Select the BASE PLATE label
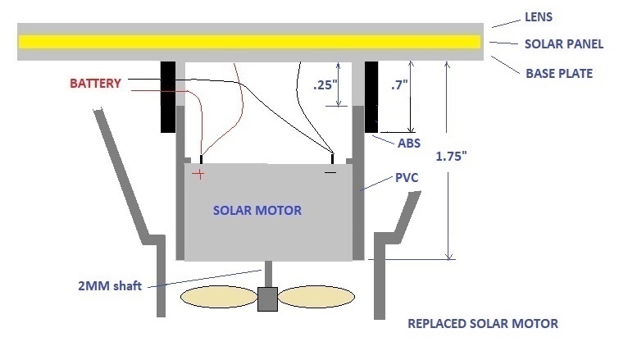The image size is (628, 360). pos(558,73)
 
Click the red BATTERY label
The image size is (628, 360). pos(95,84)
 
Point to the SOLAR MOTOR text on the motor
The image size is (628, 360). pos(257,211)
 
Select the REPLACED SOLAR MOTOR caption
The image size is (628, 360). pos(483,324)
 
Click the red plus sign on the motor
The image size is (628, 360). pos(198,173)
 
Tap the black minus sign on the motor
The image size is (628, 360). pos(330,172)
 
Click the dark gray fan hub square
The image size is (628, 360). pos(267,299)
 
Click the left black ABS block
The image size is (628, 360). pos(168,97)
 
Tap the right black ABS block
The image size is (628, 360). pos(370,97)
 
